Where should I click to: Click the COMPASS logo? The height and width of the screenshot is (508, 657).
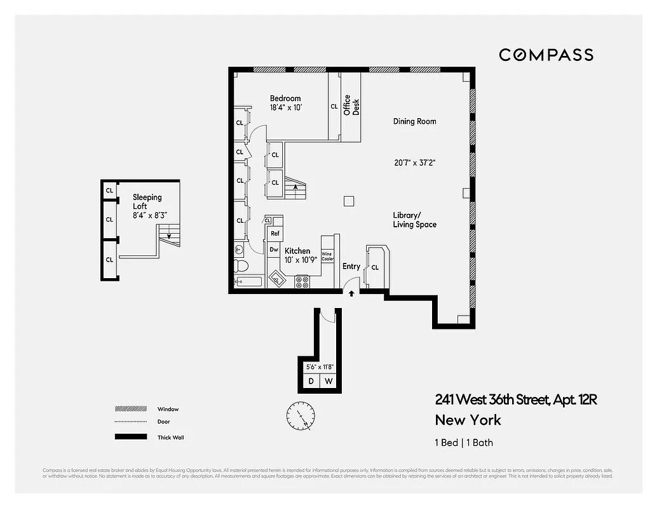[x=546, y=55]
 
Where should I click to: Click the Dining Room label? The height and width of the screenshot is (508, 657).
[x=414, y=121]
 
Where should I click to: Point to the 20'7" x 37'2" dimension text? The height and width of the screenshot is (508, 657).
[x=414, y=163]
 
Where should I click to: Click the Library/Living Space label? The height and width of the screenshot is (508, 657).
[x=414, y=220]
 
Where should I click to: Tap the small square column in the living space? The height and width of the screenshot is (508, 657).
[x=348, y=201]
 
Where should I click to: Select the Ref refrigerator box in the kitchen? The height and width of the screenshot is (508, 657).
[x=275, y=234]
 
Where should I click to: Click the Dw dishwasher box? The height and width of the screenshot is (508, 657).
[x=274, y=250]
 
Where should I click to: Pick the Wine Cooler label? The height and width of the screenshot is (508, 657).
[x=327, y=257]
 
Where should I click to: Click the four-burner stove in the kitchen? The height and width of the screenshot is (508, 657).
[x=302, y=282]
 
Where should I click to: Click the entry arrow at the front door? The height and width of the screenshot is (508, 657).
[x=351, y=293]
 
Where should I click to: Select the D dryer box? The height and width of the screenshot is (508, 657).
[x=311, y=381]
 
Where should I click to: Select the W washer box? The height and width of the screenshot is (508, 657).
[x=328, y=381]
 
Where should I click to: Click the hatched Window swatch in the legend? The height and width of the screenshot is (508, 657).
[x=127, y=409]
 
